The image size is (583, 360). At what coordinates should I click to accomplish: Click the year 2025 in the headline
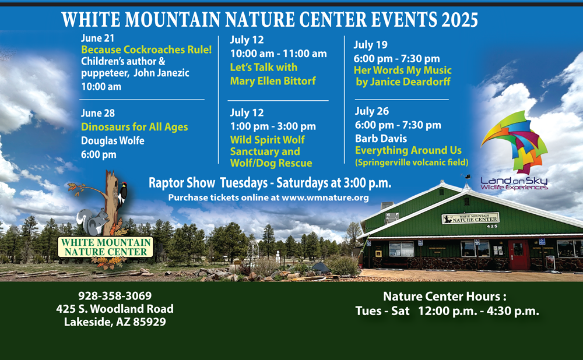pos(459,20)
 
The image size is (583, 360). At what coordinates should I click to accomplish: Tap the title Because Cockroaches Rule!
pos(146,50)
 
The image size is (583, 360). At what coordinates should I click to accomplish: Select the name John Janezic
pos(161,73)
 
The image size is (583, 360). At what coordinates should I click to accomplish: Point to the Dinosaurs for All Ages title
pos(135,127)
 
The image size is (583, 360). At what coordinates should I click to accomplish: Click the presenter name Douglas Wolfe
pos(113,141)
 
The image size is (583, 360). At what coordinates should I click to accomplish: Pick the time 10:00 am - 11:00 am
pos(279,54)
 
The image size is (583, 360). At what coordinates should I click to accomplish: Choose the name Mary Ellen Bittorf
pos(273,81)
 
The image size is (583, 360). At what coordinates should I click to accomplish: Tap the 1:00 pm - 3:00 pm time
pos(273,126)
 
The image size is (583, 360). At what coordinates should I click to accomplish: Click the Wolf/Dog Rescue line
pos(271,163)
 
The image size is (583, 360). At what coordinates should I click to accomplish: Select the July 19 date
pos(370,45)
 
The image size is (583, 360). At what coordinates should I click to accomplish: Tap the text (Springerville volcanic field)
pos(412,163)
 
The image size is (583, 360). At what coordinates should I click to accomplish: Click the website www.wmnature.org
pos(325,197)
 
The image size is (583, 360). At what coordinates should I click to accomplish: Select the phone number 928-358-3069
pos(115,296)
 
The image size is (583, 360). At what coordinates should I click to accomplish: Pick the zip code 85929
pos(149,322)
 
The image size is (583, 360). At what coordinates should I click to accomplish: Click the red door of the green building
pos(519,255)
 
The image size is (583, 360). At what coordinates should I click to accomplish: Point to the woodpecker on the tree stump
pos(122,195)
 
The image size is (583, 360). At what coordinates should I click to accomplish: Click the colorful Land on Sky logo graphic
pos(515,142)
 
